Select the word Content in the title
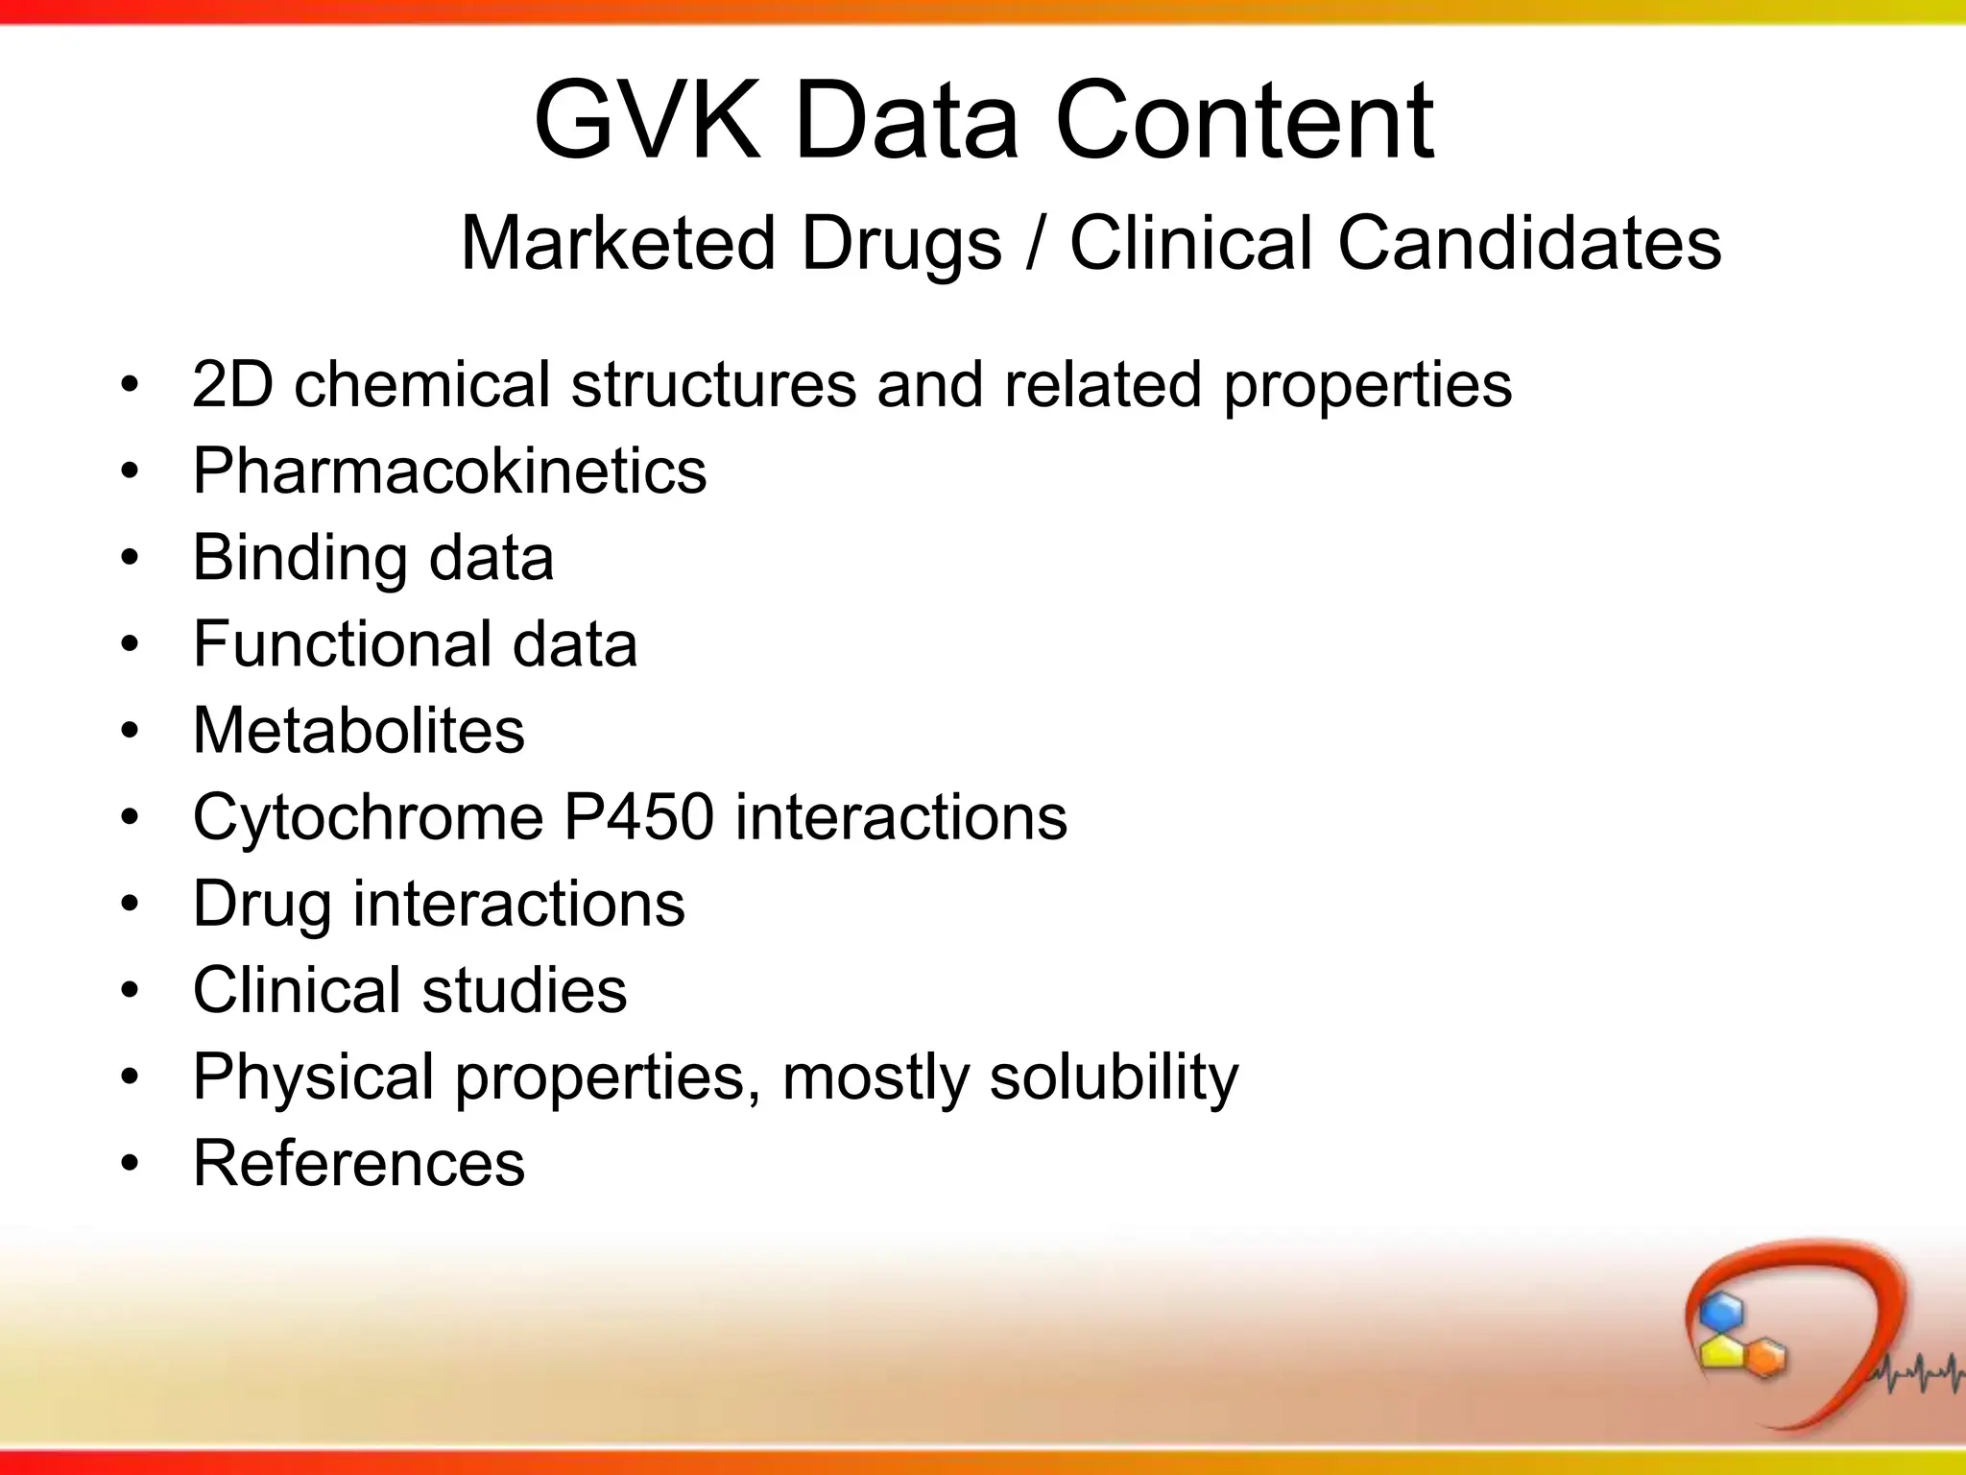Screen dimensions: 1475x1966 pyautogui.click(x=1244, y=122)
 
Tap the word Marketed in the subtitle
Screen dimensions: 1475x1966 pyautogui.click(x=617, y=243)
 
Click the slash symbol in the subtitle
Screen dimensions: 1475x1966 pyautogui.click(x=1035, y=243)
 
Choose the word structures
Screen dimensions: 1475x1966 pyautogui.click(x=715, y=384)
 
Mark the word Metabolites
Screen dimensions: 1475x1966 pyautogui.click(x=359, y=730)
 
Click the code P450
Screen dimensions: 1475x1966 pyautogui.click(x=638, y=817)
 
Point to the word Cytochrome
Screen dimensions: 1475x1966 pyautogui.click(x=369, y=817)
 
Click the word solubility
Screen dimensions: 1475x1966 pyautogui.click(x=1114, y=1077)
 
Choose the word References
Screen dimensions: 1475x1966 pyautogui.click(x=359, y=1163)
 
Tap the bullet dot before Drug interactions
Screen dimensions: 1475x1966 pyautogui.click(x=130, y=904)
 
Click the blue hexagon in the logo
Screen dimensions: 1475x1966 pyautogui.click(x=1720, y=1312)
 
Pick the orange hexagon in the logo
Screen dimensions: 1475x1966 pyautogui.click(x=1763, y=1357)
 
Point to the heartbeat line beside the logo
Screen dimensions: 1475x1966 pyautogui.click(x=1915, y=1374)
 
